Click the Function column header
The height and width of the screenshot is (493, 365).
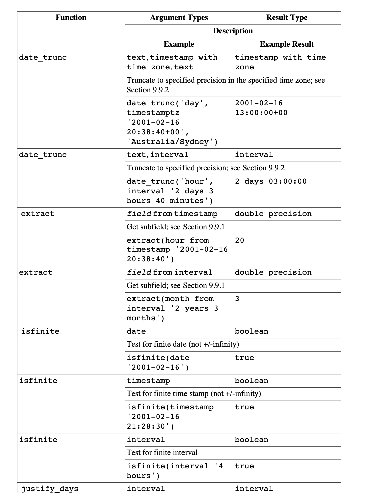click(x=71, y=18)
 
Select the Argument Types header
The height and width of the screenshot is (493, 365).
click(x=179, y=18)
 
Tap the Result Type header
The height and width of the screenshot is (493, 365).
click(x=287, y=18)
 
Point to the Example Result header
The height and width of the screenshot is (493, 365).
click(x=287, y=44)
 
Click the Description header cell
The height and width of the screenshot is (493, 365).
click(x=233, y=31)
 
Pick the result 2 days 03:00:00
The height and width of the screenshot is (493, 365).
click(x=271, y=182)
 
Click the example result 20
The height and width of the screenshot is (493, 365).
click(x=239, y=240)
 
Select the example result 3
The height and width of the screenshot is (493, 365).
click(x=237, y=299)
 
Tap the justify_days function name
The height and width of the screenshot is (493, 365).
click(x=50, y=489)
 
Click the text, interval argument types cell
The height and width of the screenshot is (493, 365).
click(x=157, y=155)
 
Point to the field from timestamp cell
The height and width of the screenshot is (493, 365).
click(x=172, y=214)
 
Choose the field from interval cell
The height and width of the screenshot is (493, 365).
click(x=169, y=273)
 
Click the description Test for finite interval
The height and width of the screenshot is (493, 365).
click(x=162, y=453)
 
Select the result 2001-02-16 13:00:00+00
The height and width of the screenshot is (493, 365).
click(x=261, y=108)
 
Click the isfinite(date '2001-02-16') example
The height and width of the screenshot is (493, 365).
click(x=158, y=363)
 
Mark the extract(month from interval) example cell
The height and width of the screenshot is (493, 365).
click(x=172, y=308)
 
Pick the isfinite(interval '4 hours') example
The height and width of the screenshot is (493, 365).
click(x=174, y=471)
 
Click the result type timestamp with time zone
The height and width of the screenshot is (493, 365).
click(x=280, y=62)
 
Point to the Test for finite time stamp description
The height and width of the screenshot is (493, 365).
click(x=194, y=394)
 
